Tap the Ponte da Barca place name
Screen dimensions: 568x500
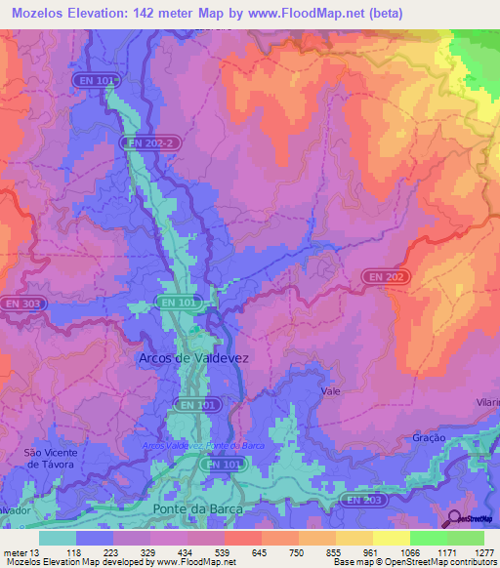click(194, 509)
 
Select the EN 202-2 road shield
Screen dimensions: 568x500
click(150, 142)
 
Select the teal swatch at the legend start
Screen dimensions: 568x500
click(58, 538)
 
